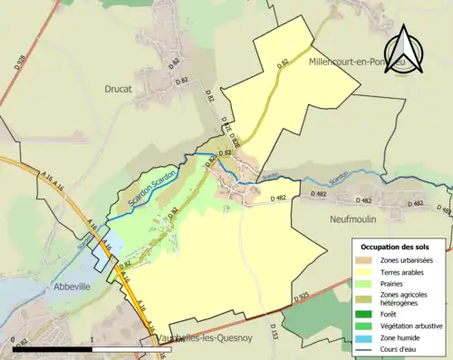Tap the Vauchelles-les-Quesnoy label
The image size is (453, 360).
tap(191, 337)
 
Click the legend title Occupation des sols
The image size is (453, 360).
tap(400, 247)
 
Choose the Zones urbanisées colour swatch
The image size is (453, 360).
tap(367, 260)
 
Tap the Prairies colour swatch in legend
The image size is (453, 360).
tap(367, 283)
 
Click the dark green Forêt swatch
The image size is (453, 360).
tap(367, 309)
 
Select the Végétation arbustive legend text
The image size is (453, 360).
tap(413, 320)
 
